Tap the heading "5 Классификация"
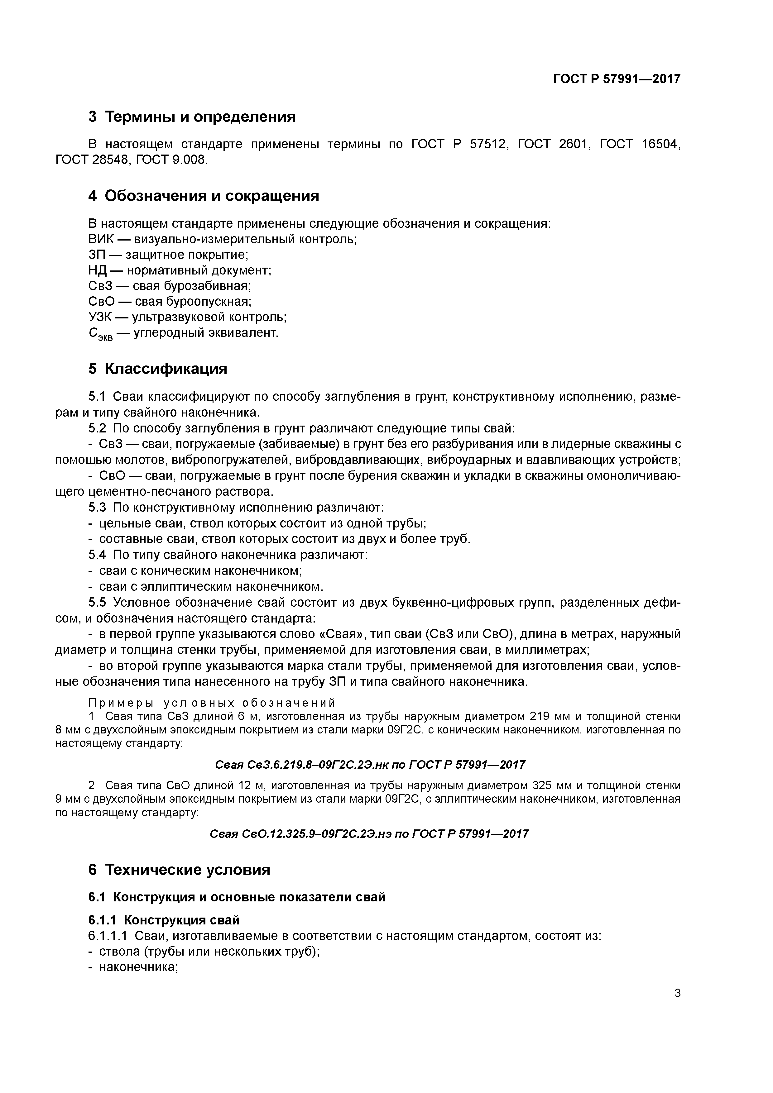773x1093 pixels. (158, 369)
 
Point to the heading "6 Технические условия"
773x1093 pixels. (179, 870)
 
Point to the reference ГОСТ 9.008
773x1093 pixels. (172, 160)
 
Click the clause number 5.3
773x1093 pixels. (98, 508)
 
